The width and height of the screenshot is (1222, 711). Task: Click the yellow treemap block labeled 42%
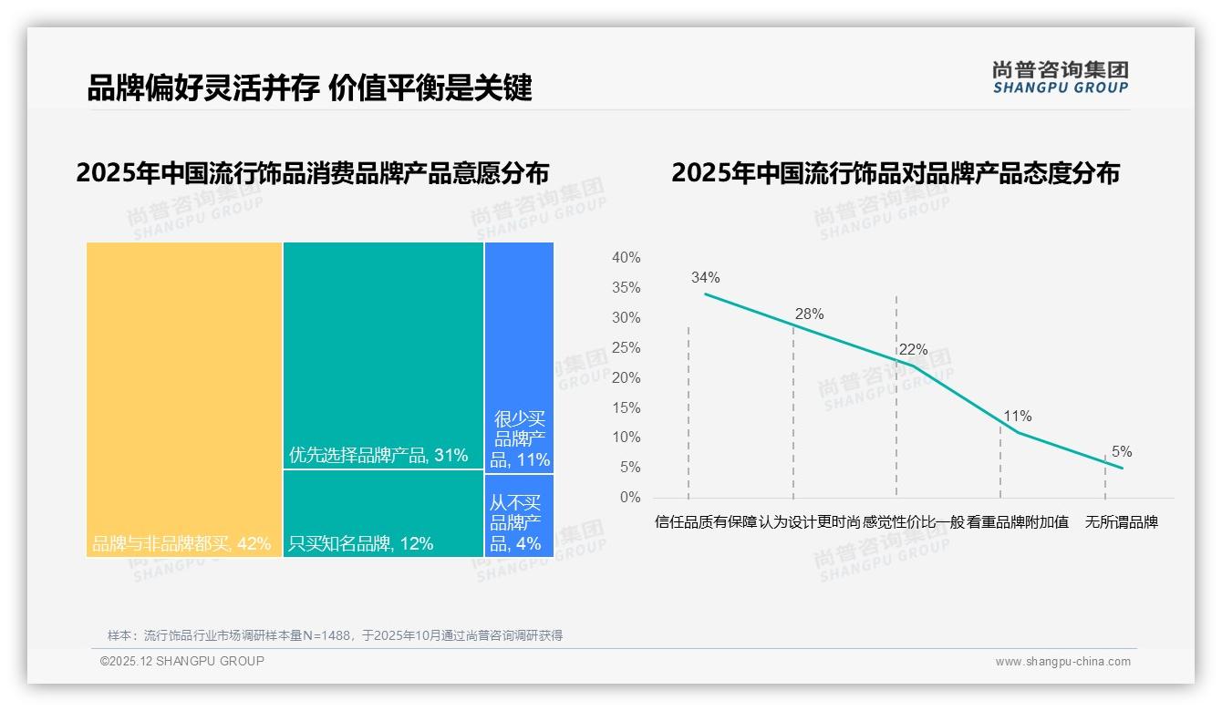click(x=184, y=399)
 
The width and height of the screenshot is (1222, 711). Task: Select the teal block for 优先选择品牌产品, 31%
click(x=383, y=355)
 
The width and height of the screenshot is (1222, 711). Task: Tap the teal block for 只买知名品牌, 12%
click(x=383, y=513)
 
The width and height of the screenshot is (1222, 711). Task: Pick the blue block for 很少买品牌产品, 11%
click(x=519, y=357)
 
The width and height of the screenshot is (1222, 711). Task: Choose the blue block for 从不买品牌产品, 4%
click(x=519, y=516)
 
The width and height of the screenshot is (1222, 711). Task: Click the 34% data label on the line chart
click(x=705, y=277)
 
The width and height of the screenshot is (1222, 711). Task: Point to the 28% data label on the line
click(x=809, y=314)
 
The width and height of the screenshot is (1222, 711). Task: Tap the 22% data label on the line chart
click(x=913, y=349)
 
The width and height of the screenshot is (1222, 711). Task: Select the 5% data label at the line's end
click(x=1121, y=451)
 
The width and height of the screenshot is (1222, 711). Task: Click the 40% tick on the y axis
click(x=626, y=258)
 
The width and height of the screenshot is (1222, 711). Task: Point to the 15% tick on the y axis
click(x=626, y=407)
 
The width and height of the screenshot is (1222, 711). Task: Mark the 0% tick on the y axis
click(x=629, y=498)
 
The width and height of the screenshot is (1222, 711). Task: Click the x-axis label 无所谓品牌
click(x=1121, y=523)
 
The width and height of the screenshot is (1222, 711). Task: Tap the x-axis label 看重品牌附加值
click(x=1018, y=523)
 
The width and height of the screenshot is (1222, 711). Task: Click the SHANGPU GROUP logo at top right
click(x=1060, y=77)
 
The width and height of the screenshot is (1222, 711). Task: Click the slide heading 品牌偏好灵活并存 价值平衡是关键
click(x=309, y=88)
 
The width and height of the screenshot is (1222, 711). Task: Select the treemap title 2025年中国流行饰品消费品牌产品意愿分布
click(x=313, y=173)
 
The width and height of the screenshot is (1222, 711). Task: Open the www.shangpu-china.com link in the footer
click(x=1062, y=662)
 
